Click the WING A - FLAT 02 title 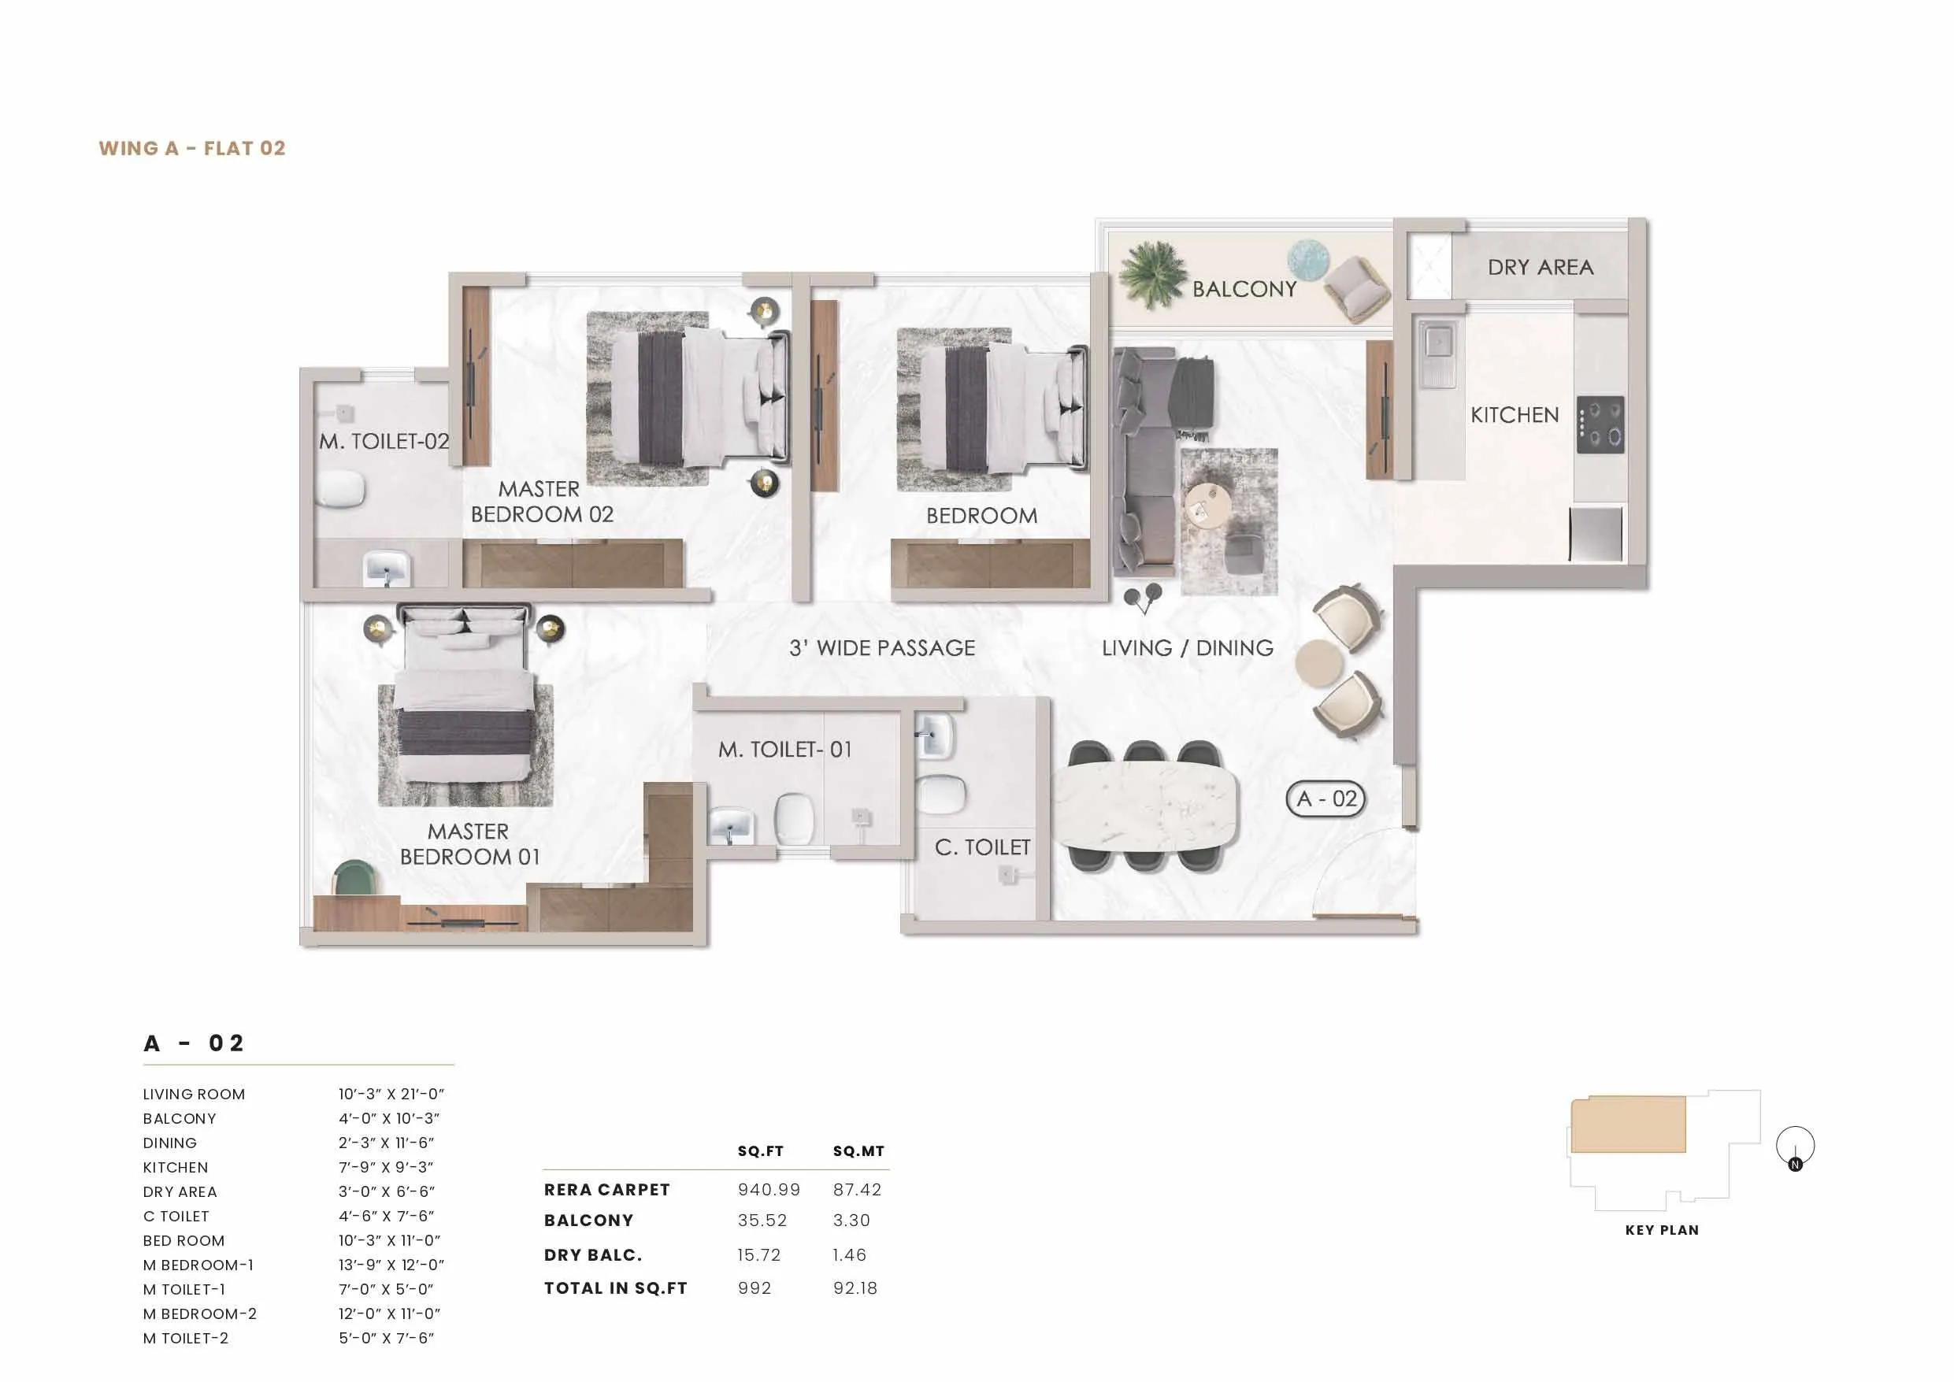click(x=191, y=148)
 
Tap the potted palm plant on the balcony click(x=1152, y=273)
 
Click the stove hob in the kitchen click(x=1600, y=424)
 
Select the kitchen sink click(x=1438, y=351)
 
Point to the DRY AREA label click(x=1541, y=267)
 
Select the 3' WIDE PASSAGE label click(x=881, y=648)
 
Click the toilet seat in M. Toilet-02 click(x=340, y=489)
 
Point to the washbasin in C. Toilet click(x=936, y=735)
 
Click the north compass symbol click(x=1795, y=1147)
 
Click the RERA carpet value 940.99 click(x=769, y=1190)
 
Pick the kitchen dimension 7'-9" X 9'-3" click(x=386, y=1168)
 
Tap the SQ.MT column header click(x=858, y=1151)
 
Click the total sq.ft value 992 click(x=754, y=1288)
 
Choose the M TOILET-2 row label click(x=186, y=1339)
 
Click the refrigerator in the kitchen click(x=1596, y=534)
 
